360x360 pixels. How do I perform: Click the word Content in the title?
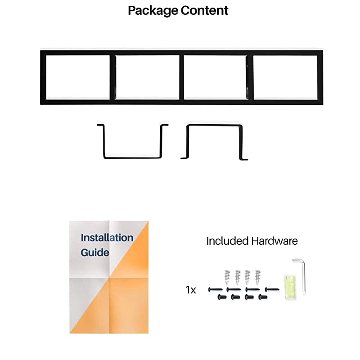[x=204, y=10]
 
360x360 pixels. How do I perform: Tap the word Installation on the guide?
[x=107, y=238]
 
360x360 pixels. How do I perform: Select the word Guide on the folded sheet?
[x=95, y=252]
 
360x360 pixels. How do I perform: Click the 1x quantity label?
[x=191, y=290]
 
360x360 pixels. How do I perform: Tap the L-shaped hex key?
[x=302, y=275]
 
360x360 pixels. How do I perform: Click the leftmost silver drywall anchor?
[x=227, y=277]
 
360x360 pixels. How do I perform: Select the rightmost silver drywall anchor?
[x=257, y=277]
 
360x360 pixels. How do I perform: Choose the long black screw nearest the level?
[x=271, y=289]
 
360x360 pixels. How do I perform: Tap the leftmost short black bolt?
[x=220, y=297]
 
